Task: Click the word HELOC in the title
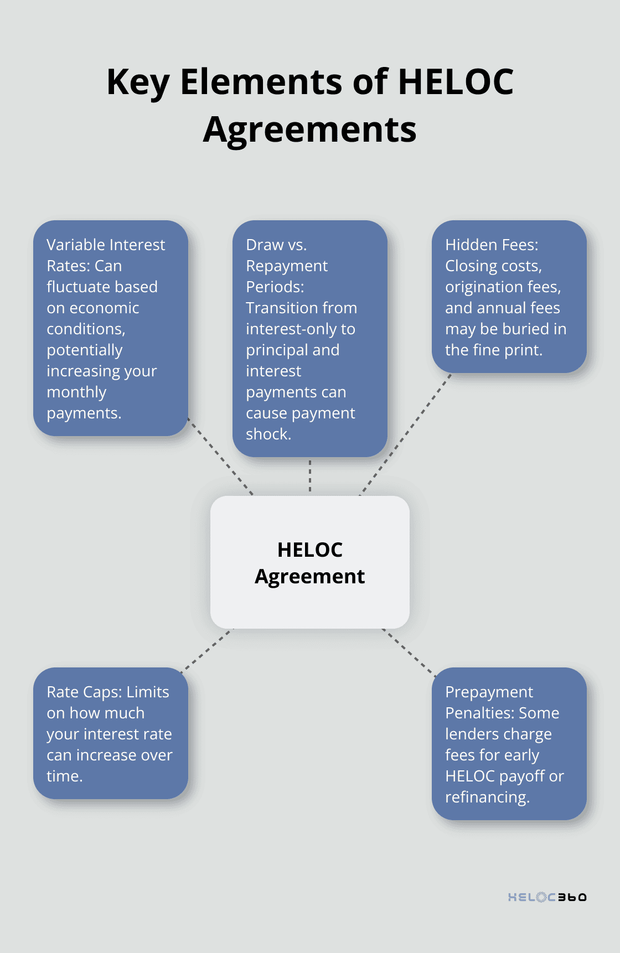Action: click(x=456, y=82)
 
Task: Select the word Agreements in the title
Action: click(x=310, y=130)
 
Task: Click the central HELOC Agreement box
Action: click(x=310, y=562)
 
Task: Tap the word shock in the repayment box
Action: click(x=267, y=434)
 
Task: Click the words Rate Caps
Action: click(x=84, y=692)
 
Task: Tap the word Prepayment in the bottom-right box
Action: click(x=489, y=692)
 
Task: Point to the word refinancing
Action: click(x=487, y=797)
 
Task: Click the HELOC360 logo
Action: click(x=547, y=897)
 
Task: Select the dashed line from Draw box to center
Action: click(x=310, y=476)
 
